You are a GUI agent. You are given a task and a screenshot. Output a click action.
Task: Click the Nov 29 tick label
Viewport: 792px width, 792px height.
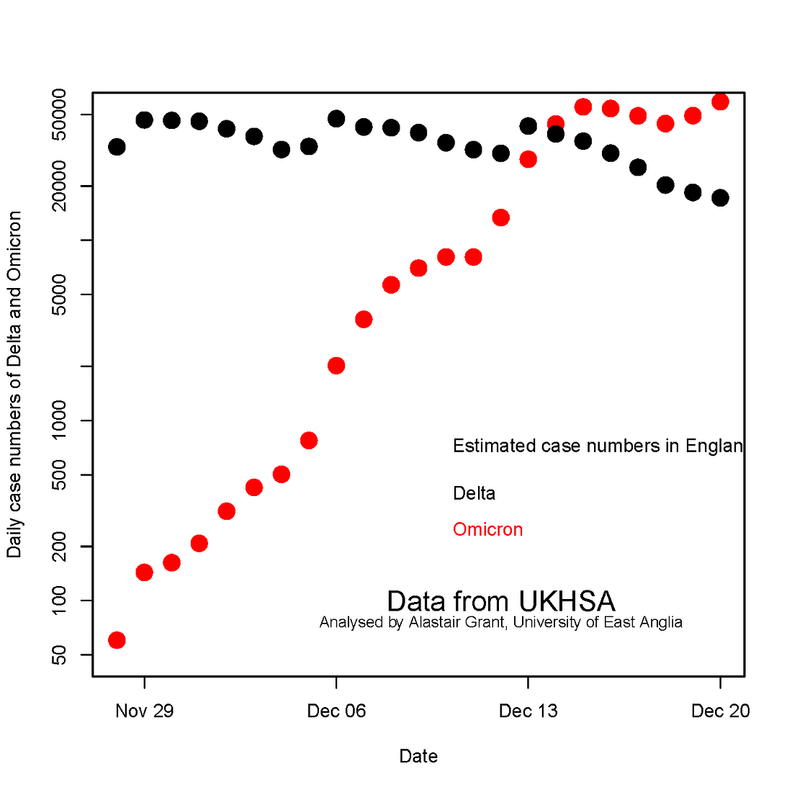pos(144,711)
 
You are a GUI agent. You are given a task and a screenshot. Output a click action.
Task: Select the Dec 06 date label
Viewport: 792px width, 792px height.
pos(336,711)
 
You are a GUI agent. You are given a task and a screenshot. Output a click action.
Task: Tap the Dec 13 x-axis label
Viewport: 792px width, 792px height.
pos(528,711)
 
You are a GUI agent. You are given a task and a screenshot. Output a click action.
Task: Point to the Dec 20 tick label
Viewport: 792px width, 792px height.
pos(720,711)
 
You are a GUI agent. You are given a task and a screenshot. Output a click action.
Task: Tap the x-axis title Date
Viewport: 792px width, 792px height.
pos(418,756)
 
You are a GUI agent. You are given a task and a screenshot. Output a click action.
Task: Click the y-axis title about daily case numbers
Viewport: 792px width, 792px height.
pos(14,384)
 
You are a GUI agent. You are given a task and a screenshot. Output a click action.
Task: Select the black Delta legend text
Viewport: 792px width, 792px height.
pos(474,493)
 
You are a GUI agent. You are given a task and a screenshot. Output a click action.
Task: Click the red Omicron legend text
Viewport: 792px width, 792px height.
pos(487,529)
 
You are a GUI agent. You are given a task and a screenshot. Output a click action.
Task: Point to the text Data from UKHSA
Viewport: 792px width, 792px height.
pos(500,601)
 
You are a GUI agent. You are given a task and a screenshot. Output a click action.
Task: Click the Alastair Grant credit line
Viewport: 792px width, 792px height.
pos(500,622)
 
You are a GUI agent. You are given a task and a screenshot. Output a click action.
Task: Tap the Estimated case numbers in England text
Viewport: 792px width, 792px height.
pos(598,446)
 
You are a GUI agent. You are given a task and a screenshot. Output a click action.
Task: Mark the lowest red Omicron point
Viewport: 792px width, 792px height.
pos(117,640)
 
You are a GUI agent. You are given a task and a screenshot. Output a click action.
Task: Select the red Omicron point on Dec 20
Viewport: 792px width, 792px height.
pos(720,102)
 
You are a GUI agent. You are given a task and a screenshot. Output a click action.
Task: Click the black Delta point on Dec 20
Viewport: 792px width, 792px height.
pos(720,198)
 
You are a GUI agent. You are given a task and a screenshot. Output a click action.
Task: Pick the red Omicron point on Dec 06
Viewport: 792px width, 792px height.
pos(336,366)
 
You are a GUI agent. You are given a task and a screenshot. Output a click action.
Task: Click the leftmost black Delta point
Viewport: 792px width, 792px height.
pos(117,147)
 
